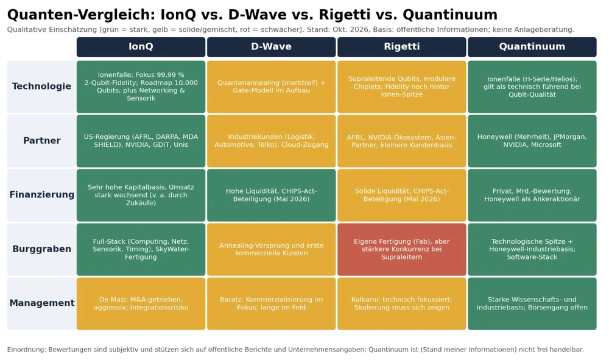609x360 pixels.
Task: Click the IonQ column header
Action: click(x=141, y=47)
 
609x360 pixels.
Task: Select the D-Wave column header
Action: click(x=272, y=47)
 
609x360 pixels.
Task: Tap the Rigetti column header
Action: click(x=401, y=47)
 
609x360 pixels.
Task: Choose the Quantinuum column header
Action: click(x=532, y=47)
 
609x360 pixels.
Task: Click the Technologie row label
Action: click(x=41, y=86)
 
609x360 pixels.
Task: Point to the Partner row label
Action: click(x=41, y=141)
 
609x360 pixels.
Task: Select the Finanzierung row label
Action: click(x=41, y=195)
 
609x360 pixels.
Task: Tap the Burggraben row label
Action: click(x=41, y=249)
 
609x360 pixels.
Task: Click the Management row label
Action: click(x=41, y=303)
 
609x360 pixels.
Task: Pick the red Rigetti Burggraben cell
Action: click(x=401, y=249)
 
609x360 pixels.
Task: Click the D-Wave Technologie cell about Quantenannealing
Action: click(x=272, y=86)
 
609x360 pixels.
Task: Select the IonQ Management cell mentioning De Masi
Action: click(x=141, y=303)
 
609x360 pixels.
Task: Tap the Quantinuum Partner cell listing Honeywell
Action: click(x=532, y=141)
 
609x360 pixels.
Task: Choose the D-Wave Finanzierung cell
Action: click(x=272, y=195)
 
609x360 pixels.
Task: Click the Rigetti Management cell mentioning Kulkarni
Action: click(x=401, y=303)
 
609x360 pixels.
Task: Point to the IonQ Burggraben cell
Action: click(x=141, y=249)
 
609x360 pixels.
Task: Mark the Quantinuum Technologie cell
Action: click(x=532, y=86)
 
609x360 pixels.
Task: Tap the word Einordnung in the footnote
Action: click(x=26, y=350)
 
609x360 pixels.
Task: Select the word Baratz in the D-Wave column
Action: click(x=231, y=300)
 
